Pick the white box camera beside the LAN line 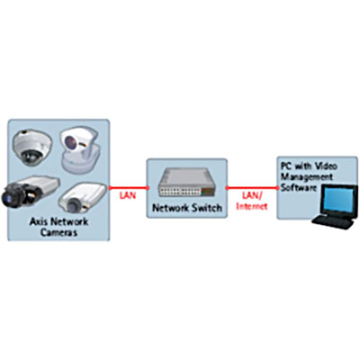[x=82, y=198]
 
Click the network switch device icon [x=187, y=183]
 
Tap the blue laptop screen [x=338, y=202]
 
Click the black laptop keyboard [x=332, y=222]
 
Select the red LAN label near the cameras [x=128, y=195]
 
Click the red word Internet [x=252, y=206]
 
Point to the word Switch [x=206, y=208]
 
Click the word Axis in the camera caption [x=39, y=222]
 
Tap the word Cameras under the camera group [x=58, y=232]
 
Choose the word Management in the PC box [x=307, y=177]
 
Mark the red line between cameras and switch [x=129, y=188]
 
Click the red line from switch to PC [x=252, y=188]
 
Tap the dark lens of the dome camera [x=31, y=156]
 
